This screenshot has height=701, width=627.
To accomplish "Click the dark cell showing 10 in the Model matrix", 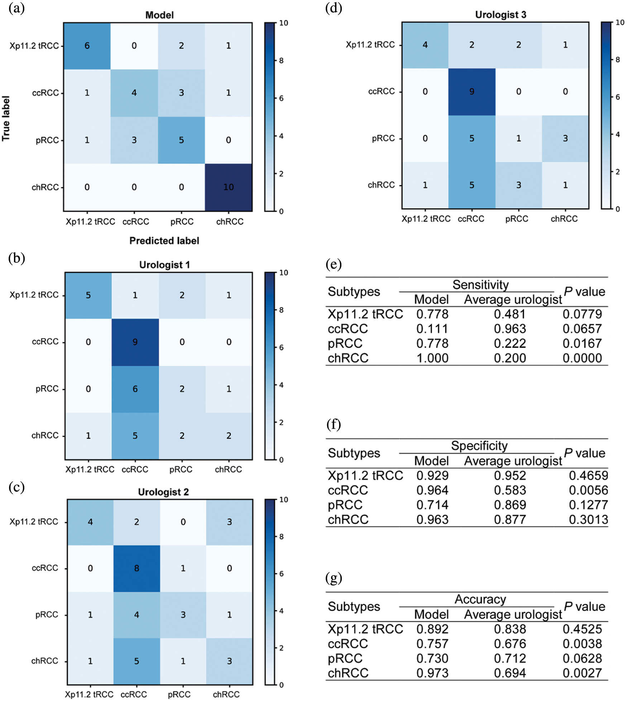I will (x=228, y=187).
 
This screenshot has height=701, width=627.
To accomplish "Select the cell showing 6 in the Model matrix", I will (x=87, y=46).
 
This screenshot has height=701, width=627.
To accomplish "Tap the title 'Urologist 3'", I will (x=501, y=15).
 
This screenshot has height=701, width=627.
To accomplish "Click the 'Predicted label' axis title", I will (x=164, y=240).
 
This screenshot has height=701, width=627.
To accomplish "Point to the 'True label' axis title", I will (x=6, y=118).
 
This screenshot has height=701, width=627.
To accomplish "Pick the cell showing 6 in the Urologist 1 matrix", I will (x=135, y=389).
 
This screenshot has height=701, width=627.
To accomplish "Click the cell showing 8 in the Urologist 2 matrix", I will (x=137, y=568).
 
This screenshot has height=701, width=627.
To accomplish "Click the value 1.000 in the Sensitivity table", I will (x=432, y=358).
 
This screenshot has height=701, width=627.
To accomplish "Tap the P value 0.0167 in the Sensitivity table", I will (x=582, y=343).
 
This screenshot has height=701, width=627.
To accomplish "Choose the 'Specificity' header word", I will (x=479, y=446).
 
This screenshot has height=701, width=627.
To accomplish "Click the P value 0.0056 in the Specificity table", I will (x=588, y=490).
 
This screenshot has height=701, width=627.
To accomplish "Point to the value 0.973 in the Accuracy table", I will (x=432, y=673).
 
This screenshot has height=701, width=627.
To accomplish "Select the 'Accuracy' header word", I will (x=480, y=599).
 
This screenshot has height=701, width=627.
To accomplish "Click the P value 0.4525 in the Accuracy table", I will (x=582, y=629).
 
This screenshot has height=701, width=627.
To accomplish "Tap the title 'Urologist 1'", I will (x=164, y=265).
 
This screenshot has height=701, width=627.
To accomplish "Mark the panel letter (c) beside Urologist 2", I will (x=16, y=487).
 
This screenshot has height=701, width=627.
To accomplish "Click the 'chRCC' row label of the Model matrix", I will (x=45, y=187).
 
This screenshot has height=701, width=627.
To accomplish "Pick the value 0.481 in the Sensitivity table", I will (x=509, y=314).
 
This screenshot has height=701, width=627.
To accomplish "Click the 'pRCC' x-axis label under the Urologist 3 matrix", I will (x=517, y=219).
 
